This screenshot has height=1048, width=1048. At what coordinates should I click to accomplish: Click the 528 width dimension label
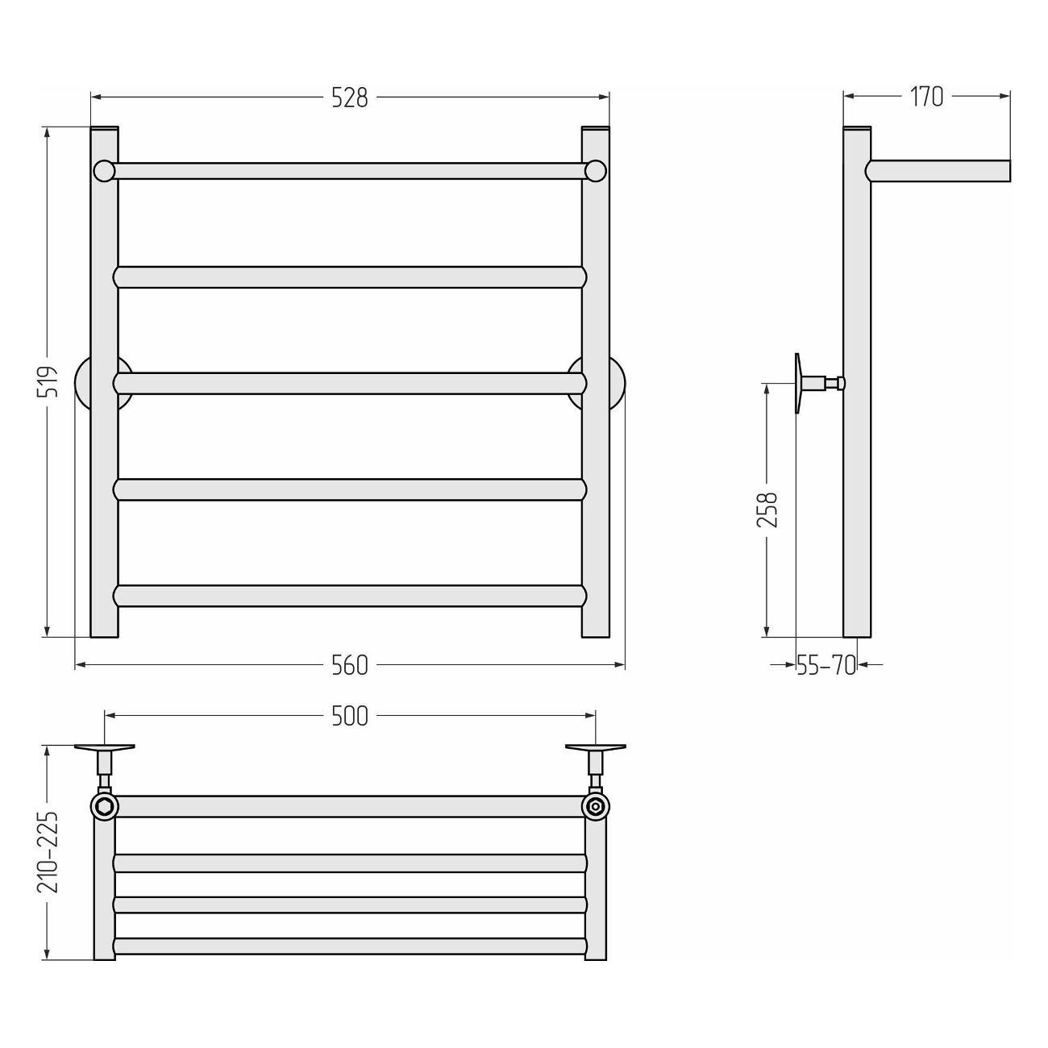coord(350,98)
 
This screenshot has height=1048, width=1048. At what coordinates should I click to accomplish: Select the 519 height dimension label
coord(50,382)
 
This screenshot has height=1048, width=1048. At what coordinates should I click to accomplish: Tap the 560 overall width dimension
coord(350,665)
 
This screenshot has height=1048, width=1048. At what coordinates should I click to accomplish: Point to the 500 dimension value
coord(350,717)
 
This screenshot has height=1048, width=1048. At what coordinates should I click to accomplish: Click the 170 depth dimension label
coord(927,98)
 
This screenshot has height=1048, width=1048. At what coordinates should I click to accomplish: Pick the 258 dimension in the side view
coord(767,509)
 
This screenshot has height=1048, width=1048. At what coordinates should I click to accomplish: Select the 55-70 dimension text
coord(826,665)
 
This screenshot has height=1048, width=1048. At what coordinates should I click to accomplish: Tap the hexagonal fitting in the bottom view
coord(104,806)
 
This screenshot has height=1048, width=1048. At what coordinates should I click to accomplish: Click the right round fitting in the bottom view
coord(596,806)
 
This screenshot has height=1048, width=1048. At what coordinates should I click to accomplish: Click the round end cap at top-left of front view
coord(104,170)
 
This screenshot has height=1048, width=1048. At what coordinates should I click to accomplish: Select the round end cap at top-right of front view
coord(596,170)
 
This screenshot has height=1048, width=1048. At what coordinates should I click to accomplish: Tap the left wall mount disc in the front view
coord(81,383)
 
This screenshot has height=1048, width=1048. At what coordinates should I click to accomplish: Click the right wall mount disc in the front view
coord(618,383)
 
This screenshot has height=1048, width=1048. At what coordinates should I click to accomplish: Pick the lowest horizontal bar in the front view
coord(350,596)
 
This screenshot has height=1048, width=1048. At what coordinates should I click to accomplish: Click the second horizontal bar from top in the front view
coord(350,277)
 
